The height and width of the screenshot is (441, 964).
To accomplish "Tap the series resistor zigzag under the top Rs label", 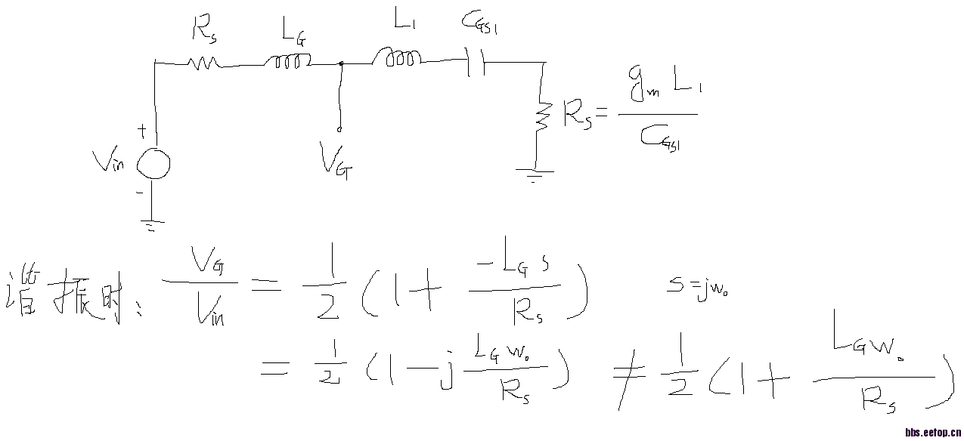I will pos(203,63).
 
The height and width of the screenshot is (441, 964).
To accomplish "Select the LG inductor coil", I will pos(288,63).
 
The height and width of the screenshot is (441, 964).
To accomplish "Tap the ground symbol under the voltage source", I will pos(153,224).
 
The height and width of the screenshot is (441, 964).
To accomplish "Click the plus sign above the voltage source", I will pos(141,131).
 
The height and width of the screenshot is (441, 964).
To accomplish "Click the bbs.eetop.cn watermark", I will pos(933,433).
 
